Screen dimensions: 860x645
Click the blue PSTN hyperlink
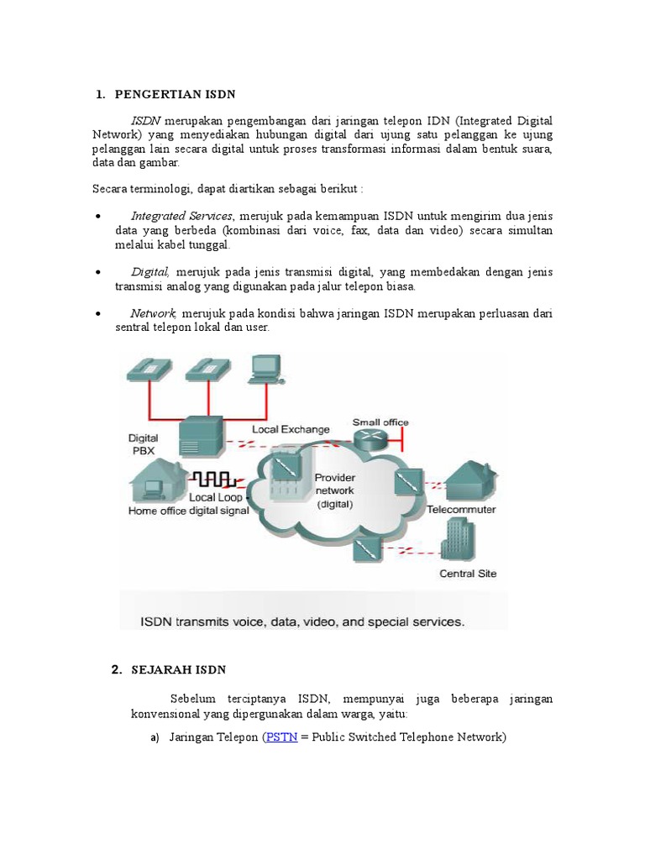(x=281, y=737)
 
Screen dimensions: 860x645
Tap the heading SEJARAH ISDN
(x=179, y=669)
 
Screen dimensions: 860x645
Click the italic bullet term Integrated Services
(x=182, y=216)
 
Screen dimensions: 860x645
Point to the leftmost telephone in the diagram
(x=148, y=367)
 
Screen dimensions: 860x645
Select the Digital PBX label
(x=143, y=443)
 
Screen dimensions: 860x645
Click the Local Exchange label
(x=291, y=429)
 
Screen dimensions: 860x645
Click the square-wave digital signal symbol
(x=215, y=480)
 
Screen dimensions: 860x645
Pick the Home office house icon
(x=157, y=481)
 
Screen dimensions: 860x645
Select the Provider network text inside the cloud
(x=334, y=490)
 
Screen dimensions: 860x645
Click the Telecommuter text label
(x=461, y=510)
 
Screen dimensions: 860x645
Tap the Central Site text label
(x=468, y=574)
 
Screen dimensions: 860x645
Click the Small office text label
(x=380, y=422)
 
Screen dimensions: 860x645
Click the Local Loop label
(x=217, y=497)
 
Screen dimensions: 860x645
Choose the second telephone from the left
(x=204, y=367)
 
